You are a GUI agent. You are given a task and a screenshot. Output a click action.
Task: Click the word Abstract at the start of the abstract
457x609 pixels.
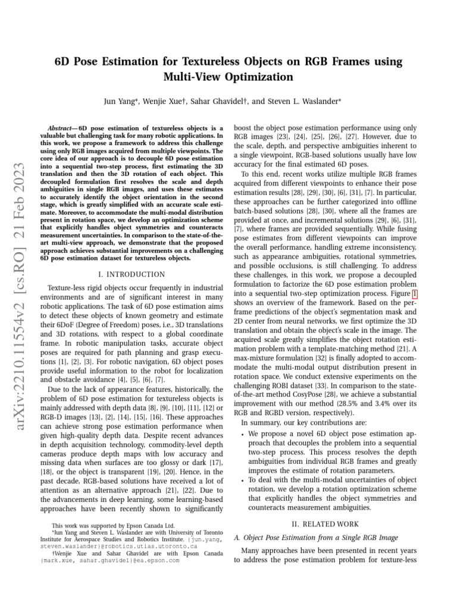point(62,128)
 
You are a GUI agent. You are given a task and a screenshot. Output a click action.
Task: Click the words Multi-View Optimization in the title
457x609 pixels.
point(228,77)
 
